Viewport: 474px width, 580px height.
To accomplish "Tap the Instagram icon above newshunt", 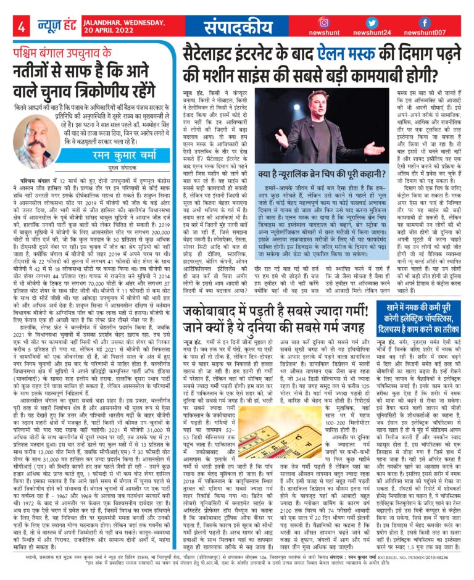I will click(324, 23).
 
